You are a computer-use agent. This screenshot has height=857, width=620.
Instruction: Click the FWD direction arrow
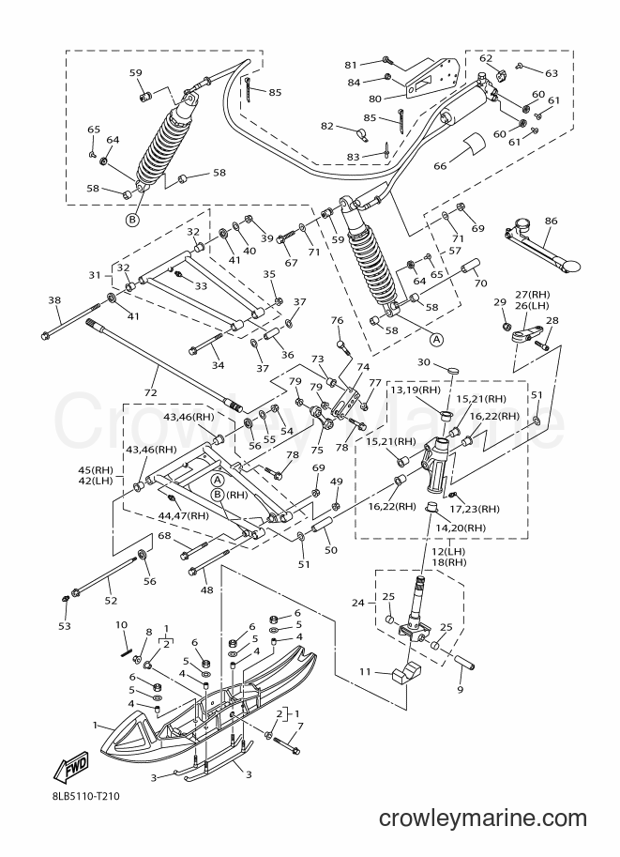(x=70, y=770)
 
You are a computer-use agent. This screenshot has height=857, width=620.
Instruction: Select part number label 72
(x=150, y=392)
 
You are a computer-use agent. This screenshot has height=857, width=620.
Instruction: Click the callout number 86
(x=551, y=221)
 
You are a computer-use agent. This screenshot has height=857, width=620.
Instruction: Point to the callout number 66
(x=440, y=165)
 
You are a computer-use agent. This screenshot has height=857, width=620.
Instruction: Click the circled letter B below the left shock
(x=132, y=220)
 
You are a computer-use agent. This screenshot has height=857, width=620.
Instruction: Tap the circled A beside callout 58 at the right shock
(x=436, y=340)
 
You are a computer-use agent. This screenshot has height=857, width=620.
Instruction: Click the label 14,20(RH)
(x=461, y=528)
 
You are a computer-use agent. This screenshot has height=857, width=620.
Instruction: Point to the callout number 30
(x=424, y=361)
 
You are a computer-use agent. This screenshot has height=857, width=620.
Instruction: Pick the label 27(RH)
(x=533, y=295)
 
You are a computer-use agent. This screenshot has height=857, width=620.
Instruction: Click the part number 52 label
(x=111, y=601)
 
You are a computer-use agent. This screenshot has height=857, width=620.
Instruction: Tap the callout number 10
(x=122, y=625)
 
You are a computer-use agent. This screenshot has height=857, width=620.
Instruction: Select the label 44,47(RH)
(x=184, y=515)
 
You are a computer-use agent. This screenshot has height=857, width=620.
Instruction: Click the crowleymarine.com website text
(x=483, y=819)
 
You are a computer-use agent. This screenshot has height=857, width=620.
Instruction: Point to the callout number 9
(x=460, y=689)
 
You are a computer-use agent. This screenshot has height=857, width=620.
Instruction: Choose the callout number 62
(x=486, y=58)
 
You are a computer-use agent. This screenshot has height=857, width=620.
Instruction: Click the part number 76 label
(x=337, y=320)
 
